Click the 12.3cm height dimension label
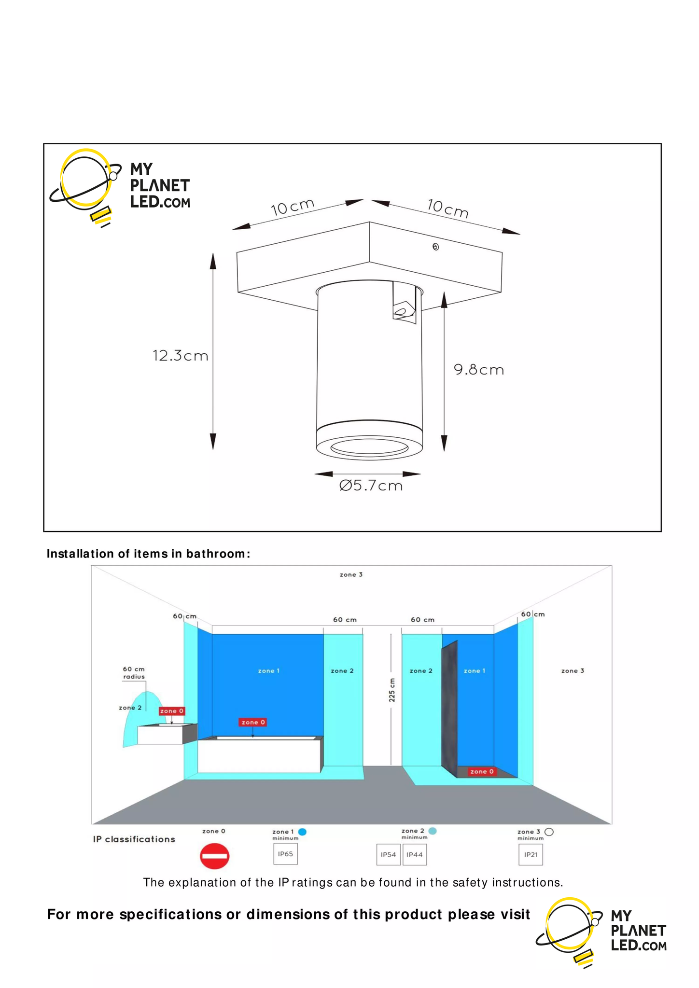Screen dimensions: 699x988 pos(181,356)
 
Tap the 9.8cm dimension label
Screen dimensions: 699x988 pos(479,370)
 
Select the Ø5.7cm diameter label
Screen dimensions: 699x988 pos(371,486)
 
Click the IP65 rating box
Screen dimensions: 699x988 pos(285,854)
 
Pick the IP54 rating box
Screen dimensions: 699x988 pos(388,854)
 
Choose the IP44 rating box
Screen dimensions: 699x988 pos(415,854)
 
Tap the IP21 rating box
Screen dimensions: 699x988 pos(531,854)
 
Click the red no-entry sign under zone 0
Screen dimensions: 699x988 pos(214,856)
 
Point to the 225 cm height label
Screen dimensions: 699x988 pos(392,690)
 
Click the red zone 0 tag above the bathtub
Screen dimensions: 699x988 pos(253,722)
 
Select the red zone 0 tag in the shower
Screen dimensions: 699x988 pos(482,771)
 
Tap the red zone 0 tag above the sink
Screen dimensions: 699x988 pos(172,711)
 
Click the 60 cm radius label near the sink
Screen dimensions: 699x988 pos(134,673)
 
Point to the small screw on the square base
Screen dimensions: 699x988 pos(435,247)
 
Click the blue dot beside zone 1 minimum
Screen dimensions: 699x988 pos(302,832)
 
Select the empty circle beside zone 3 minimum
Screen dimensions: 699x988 pos(549,832)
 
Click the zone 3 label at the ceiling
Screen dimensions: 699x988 pos(351,574)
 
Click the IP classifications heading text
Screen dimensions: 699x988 pos(134,839)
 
